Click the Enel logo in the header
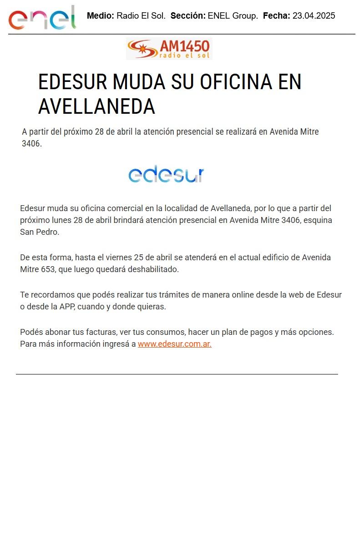coord(42,18)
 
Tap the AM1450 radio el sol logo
coord(169,49)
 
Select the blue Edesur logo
coord(166,174)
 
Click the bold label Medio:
coord(101,16)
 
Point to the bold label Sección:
coord(188,16)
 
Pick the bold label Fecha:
coord(277,16)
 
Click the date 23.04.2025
coord(314,16)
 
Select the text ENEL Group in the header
coord(233,16)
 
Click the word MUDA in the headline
coord(139,82)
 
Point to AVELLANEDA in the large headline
coord(96,106)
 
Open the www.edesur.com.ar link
coord(175,344)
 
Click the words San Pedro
coord(39,232)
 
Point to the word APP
coord(66,307)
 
